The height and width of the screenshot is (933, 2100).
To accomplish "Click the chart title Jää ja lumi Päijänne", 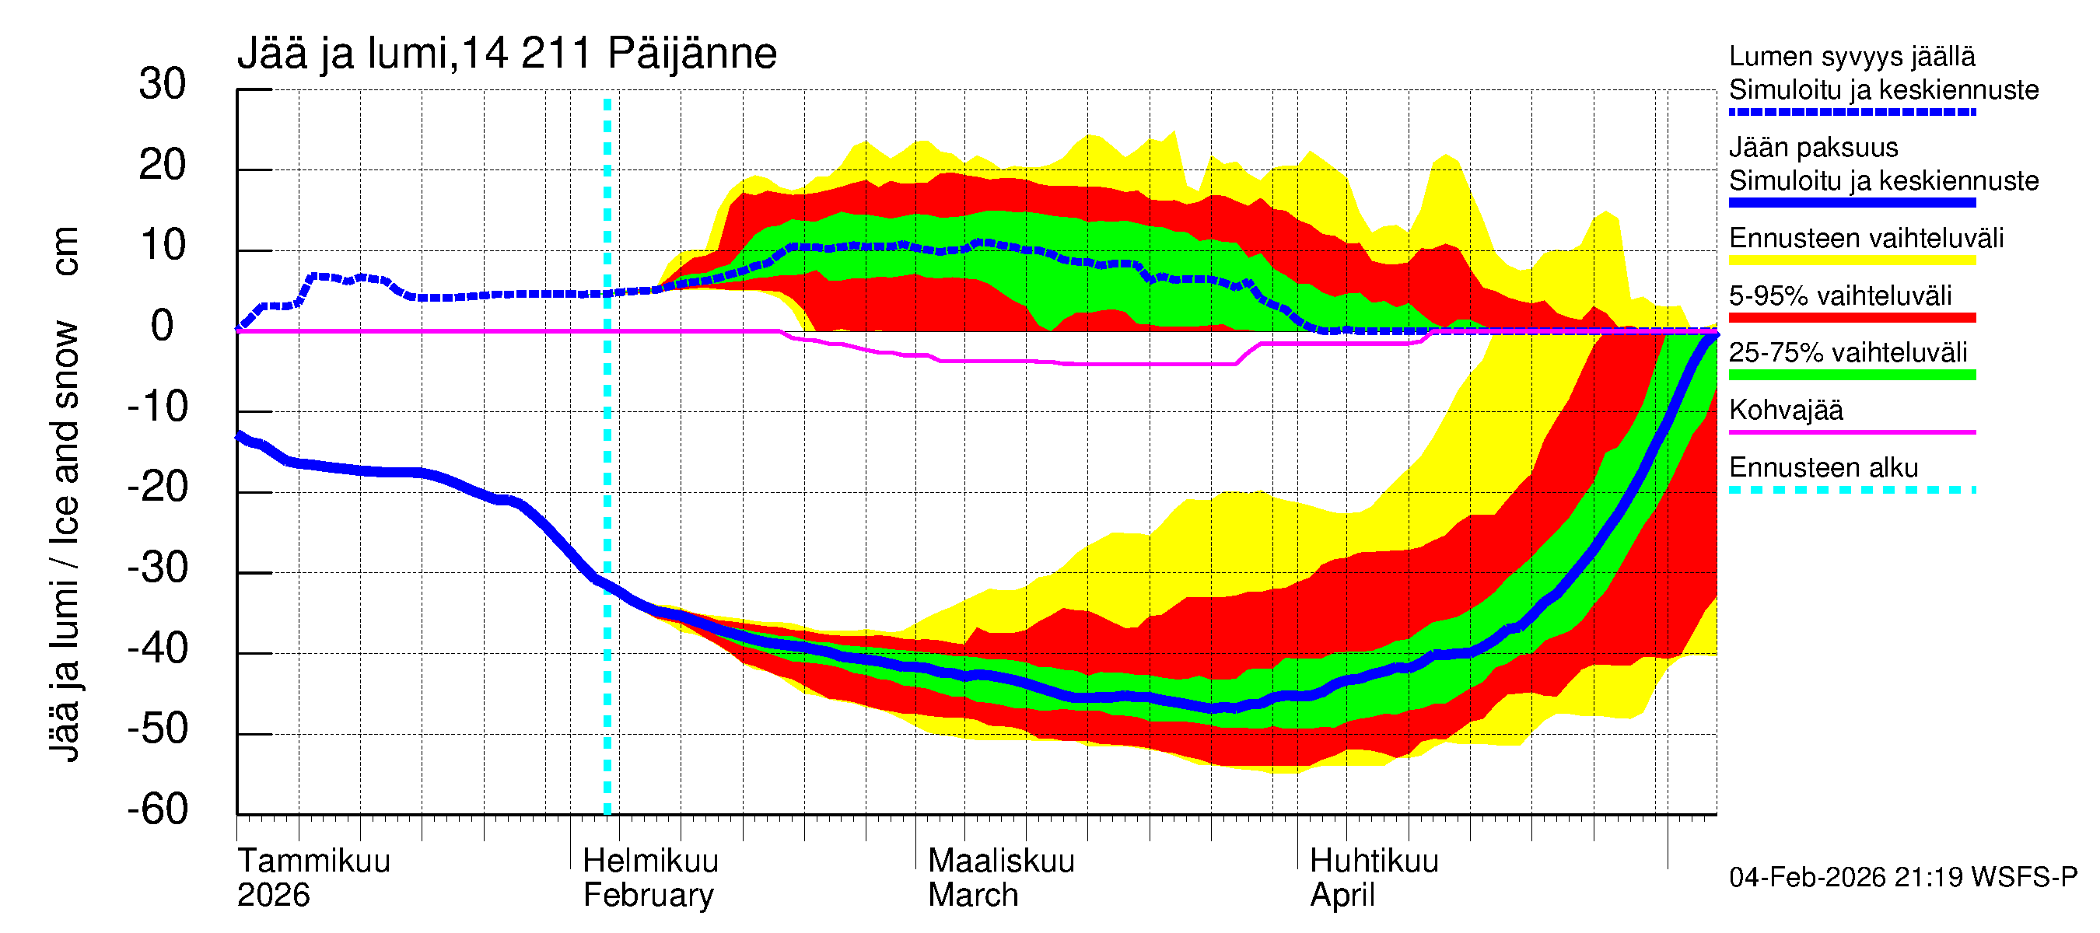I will (506, 54).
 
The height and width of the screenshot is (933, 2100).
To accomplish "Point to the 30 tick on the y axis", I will (163, 84).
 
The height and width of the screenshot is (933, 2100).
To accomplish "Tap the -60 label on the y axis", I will (157, 809).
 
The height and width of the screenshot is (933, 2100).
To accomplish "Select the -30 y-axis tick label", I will (157, 567).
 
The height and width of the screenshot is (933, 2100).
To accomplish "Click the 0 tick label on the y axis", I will (163, 326).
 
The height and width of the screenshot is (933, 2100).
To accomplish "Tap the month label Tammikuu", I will (314, 861).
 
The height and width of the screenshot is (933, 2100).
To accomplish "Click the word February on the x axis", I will (648, 896).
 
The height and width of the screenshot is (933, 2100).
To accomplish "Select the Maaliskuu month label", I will (1001, 861).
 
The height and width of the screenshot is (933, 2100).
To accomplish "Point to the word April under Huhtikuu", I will (1342, 896).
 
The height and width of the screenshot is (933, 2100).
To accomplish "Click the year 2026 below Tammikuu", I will (273, 896).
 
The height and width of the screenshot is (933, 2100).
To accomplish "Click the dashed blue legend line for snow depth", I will (1851, 112).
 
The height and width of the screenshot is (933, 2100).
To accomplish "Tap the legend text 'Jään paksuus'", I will (1813, 148).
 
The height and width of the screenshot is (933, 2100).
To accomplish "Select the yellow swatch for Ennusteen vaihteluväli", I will (1851, 260).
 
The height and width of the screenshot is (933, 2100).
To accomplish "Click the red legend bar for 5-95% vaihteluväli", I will (1851, 318).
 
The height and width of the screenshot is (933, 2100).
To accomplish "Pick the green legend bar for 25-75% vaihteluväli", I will (1851, 375).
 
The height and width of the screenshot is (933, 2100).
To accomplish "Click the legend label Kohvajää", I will (1785, 410).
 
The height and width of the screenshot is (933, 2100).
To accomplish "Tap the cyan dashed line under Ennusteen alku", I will (1851, 490).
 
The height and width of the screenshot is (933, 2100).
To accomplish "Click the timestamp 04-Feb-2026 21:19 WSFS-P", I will (1902, 877).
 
